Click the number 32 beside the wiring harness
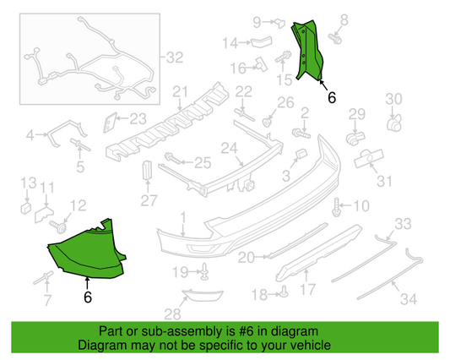(174, 58)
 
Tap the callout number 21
(178, 91)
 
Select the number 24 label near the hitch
(227, 149)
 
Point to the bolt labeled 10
(339, 205)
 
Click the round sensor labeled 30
(393, 124)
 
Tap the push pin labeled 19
(204, 270)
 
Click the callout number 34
(409, 298)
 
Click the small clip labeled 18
(284, 292)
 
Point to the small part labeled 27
(147, 171)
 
